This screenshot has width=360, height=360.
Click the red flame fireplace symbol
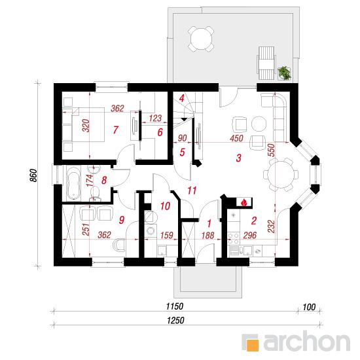pos(244,202)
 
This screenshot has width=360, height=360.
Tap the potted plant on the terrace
pos(285,73)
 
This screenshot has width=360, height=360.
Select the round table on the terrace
pos(201,39)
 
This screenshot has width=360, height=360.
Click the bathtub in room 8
pos(73,184)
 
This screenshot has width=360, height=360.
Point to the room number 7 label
pos(115,130)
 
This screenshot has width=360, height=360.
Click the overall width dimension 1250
pos(175,320)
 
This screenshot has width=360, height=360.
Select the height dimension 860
pos(33,175)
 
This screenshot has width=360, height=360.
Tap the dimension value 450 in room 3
pos(237,138)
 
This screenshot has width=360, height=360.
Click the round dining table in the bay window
pos(281,175)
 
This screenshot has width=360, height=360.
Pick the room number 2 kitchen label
pos(254,221)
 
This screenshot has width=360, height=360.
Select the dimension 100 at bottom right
pos(309,307)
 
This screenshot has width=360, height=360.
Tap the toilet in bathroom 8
pos(95,193)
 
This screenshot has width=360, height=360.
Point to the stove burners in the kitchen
pos(233,238)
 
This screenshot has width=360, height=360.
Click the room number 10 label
pos(166,206)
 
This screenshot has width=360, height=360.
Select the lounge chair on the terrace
pos(266,63)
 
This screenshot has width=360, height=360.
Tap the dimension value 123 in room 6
pos(155,118)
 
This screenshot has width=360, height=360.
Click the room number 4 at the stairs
pos(181,98)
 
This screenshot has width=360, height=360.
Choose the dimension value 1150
pos(175,306)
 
